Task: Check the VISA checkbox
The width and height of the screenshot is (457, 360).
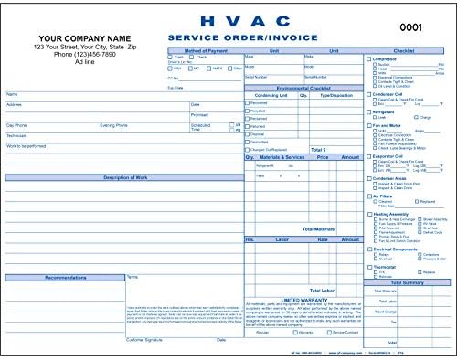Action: [170, 69]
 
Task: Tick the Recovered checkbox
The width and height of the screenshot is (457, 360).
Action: [247, 103]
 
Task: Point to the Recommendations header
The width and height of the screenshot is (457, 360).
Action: [63, 276]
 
